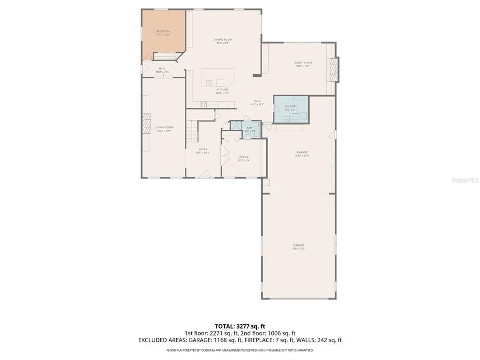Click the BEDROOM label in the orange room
click(163, 31)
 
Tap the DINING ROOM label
click(223, 40)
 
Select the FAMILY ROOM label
click(303, 63)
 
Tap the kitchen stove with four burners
click(203, 105)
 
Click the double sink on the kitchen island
click(210, 83)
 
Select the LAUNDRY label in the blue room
click(291, 106)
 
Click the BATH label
click(249, 127)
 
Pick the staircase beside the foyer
click(191, 127)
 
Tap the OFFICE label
click(244, 157)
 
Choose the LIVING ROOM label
click(165, 127)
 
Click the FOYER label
click(203, 150)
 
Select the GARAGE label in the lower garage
click(299, 245)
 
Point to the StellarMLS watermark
click(464, 180)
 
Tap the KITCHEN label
click(222, 90)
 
